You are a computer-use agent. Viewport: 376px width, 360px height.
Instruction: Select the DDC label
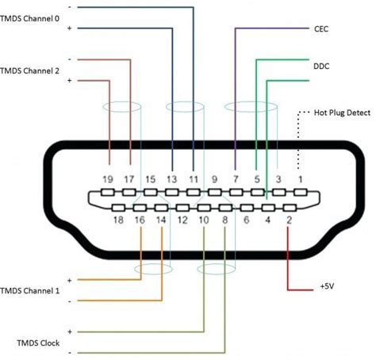320,59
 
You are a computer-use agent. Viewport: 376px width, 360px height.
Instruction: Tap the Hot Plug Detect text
342,113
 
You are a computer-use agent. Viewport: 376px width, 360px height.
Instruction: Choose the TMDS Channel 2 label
30,71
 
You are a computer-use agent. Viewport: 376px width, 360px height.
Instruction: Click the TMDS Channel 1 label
30,291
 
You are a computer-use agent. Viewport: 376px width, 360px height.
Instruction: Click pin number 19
109,180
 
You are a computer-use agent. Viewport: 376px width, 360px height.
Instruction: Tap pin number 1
300,180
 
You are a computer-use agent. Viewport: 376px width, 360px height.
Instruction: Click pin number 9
214,180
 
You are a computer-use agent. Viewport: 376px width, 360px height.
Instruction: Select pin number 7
236,180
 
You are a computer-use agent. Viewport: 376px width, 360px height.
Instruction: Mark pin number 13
171,180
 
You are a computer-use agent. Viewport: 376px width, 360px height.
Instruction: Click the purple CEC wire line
236,95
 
